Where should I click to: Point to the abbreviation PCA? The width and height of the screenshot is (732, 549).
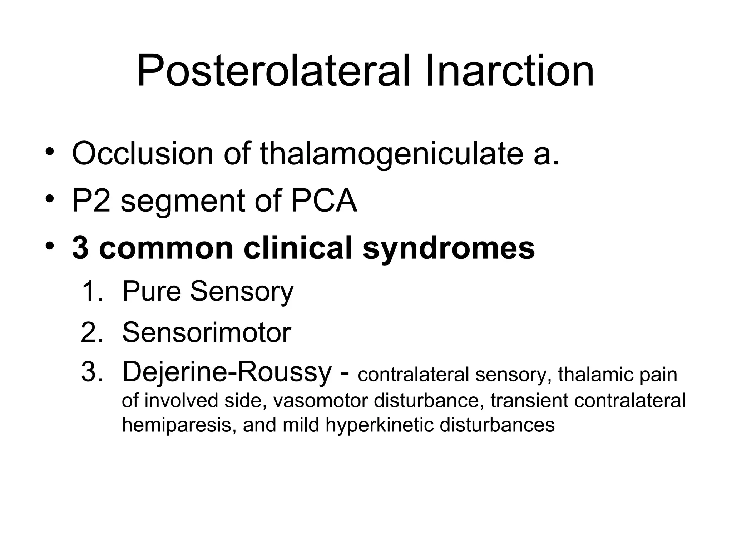324,201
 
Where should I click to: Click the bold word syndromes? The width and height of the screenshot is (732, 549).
449,249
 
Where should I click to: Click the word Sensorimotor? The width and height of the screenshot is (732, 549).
207,332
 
